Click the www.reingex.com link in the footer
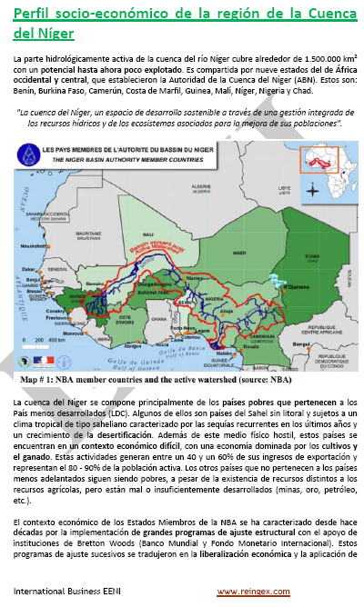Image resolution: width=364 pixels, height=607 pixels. point(253,592)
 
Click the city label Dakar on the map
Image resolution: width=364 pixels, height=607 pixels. point(28,270)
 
